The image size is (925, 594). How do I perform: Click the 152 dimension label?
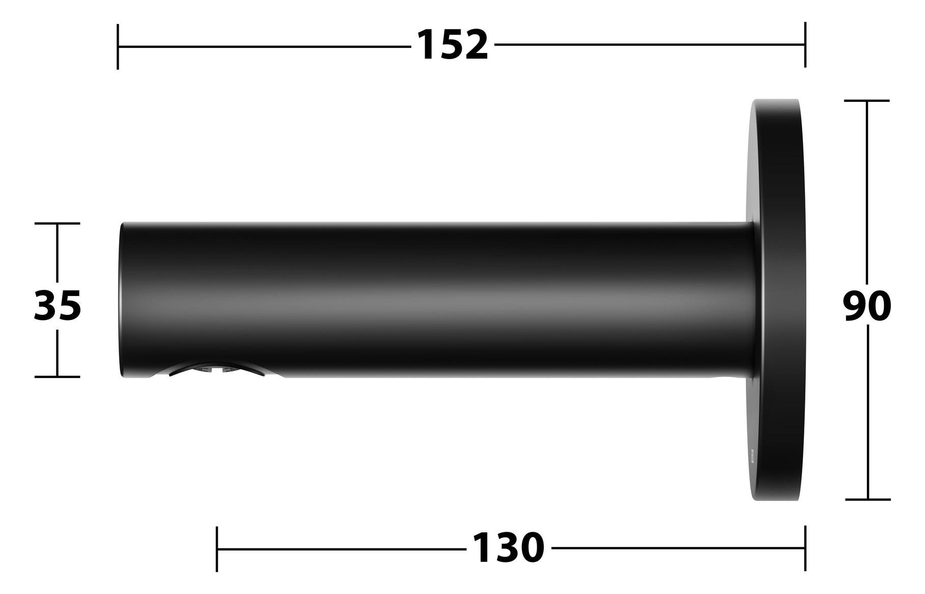click(x=452, y=45)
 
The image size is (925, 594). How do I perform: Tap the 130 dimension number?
click(x=508, y=548)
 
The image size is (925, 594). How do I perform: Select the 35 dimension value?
click(x=58, y=306)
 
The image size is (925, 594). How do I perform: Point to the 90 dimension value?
click(x=866, y=306)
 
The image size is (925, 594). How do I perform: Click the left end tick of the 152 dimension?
click(x=118, y=46)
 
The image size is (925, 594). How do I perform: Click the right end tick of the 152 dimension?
click(x=805, y=44)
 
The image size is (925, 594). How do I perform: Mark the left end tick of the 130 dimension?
click(x=217, y=549)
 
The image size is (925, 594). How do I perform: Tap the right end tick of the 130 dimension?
click(x=805, y=548)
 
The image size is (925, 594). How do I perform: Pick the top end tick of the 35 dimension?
click(x=57, y=223)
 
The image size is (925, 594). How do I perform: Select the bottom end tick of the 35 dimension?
click(x=57, y=376)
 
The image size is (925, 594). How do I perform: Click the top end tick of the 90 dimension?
click(x=867, y=101)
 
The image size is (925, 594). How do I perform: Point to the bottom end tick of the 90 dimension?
click(x=867, y=499)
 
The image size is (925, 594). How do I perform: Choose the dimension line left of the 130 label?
click(x=341, y=549)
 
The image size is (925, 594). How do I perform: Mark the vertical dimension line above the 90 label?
click(x=867, y=194)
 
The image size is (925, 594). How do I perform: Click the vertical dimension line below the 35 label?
click(x=57, y=352)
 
